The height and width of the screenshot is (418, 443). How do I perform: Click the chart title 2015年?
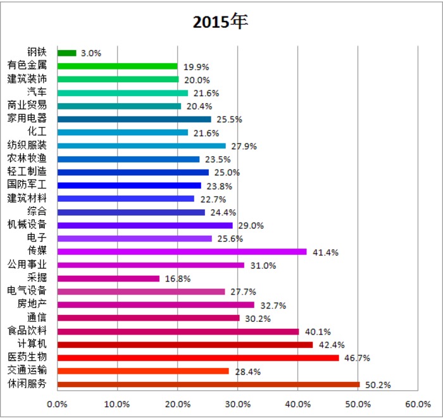[x=221, y=21]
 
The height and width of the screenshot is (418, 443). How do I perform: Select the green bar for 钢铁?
[x=66, y=53]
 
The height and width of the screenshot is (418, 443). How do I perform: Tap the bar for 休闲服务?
[x=208, y=384]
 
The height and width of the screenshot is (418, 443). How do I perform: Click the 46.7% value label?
[x=357, y=358]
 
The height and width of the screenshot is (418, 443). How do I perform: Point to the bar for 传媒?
[x=182, y=252]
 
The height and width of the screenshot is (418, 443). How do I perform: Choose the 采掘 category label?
[x=37, y=278]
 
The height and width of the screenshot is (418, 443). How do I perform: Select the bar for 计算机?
[x=185, y=345]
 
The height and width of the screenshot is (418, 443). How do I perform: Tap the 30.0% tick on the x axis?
[x=237, y=403]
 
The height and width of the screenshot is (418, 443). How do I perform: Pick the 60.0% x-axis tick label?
[x=418, y=403]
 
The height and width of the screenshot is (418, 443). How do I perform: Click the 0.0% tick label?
[x=57, y=403]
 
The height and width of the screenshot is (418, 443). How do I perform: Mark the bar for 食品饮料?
[x=178, y=331]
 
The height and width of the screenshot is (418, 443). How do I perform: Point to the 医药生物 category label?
[x=27, y=358]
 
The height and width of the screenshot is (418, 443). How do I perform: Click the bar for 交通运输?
[x=142, y=371]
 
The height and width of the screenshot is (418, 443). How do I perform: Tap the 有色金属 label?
[x=27, y=65]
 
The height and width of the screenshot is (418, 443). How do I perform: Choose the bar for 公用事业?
[x=151, y=265]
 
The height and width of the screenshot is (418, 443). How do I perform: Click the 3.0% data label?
[x=91, y=53]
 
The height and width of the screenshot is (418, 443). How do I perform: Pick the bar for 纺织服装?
[x=141, y=145]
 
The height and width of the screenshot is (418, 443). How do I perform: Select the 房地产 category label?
[x=32, y=305]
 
